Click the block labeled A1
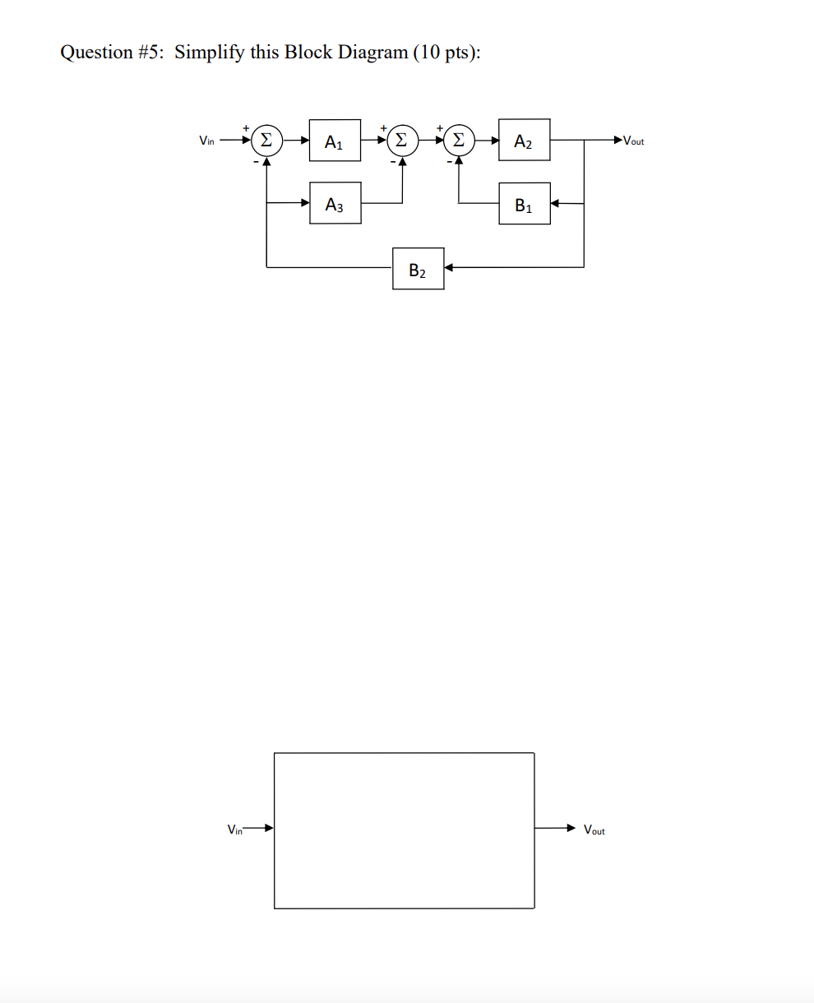335,141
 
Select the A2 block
525,141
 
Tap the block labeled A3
335,204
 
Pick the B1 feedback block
525,205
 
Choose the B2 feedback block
419,269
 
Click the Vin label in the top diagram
206,141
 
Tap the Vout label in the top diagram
634,141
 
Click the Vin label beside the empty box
235,830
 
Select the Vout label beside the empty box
594,830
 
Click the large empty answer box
404,830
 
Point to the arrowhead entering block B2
449,267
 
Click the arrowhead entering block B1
555,203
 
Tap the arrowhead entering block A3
304,203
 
